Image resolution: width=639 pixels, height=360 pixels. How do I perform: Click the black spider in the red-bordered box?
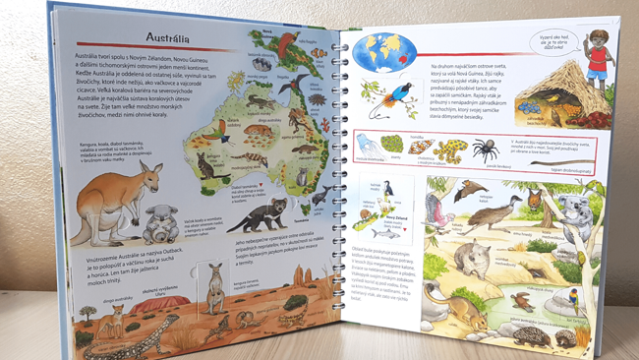coord(484,149)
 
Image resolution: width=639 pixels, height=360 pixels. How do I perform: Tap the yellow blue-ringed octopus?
coord(450,150)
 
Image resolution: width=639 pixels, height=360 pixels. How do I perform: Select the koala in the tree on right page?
coord(571,212)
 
